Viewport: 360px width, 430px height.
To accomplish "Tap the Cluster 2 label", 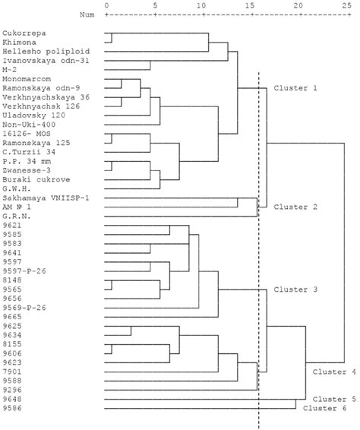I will tap(293, 206).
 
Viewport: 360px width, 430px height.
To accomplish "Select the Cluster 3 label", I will tap(293, 289).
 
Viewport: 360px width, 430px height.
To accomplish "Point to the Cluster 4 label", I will tap(331, 372).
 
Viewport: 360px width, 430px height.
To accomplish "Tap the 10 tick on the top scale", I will tap(202, 6).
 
